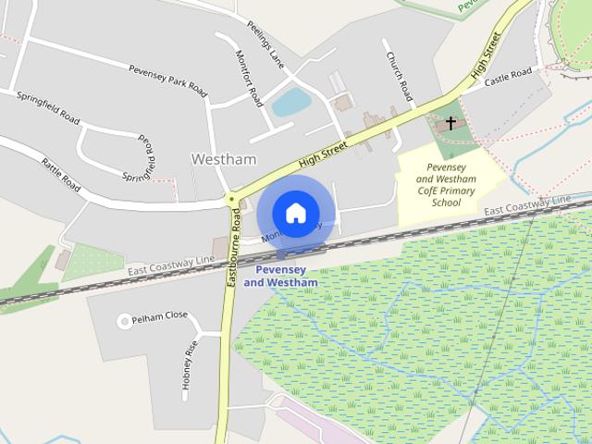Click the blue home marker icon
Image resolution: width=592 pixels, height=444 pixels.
[x=295, y=213]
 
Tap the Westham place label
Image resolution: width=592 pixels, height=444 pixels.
[x=223, y=159]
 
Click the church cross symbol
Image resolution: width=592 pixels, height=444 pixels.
[x=451, y=123]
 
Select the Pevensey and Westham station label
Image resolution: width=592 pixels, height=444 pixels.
[x=280, y=276]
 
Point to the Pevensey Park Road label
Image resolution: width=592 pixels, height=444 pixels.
[x=167, y=77]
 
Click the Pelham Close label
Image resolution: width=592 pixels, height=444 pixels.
[x=159, y=316]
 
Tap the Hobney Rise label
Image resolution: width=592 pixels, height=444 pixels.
[x=189, y=368]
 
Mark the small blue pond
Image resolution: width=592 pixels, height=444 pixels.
[x=290, y=103]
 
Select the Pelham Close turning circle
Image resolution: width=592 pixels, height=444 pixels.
[x=123, y=321]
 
